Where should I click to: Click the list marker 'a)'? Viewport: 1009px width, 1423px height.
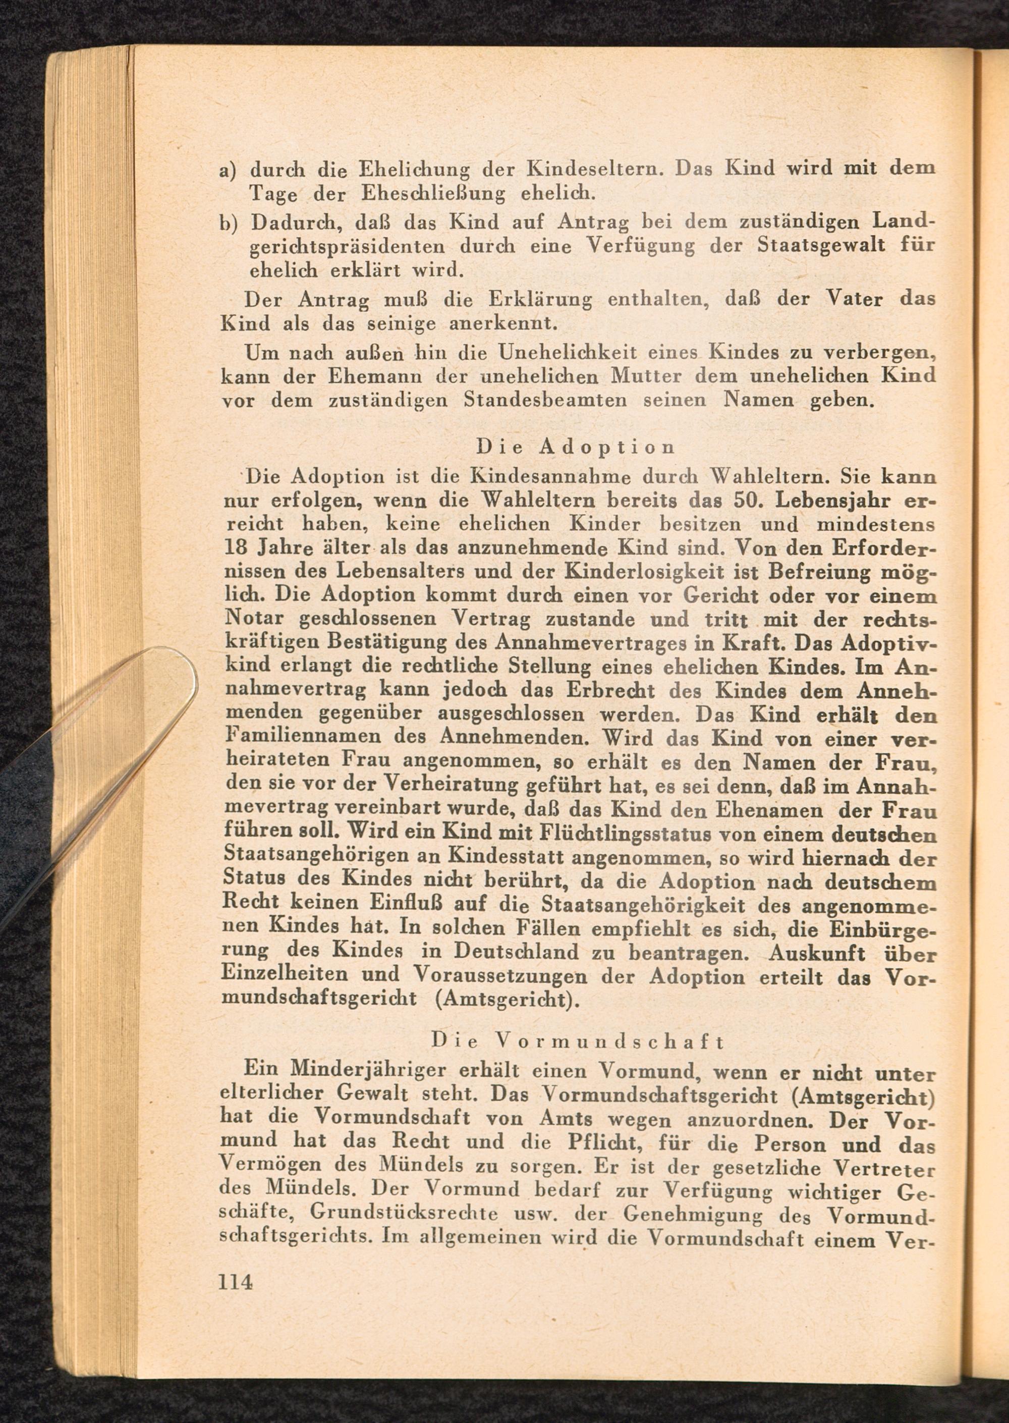pos(230,170)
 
